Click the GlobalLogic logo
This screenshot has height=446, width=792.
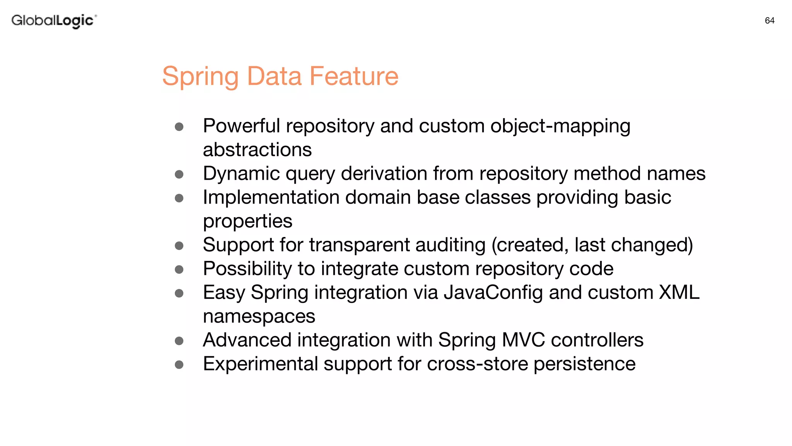click(x=54, y=21)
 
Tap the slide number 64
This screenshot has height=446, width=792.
click(x=769, y=21)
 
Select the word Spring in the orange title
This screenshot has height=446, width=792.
click(x=201, y=77)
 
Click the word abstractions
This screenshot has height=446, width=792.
click(x=257, y=150)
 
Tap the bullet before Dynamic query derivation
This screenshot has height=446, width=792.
click(x=179, y=174)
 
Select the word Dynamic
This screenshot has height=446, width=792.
click(x=241, y=173)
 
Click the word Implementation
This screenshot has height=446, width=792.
click(x=271, y=197)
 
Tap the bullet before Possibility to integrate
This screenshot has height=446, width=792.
click(x=179, y=269)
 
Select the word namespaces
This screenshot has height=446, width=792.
click(x=259, y=317)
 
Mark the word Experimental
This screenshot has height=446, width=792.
click(x=260, y=364)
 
